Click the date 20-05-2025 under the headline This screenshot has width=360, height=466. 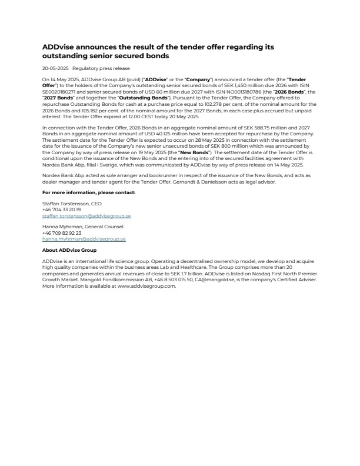(x=55, y=69)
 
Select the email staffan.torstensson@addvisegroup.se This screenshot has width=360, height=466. (x=86, y=216)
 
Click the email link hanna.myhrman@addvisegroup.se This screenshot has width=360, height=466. (x=84, y=239)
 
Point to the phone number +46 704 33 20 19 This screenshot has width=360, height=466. (x=62, y=209)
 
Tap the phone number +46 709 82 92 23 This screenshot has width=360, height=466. (x=62, y=233)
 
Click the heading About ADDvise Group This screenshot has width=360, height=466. (x=69, y=249)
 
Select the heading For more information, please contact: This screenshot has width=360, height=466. (x=89, y=192)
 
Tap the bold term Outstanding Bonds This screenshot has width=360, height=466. (x=145, y=97)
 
